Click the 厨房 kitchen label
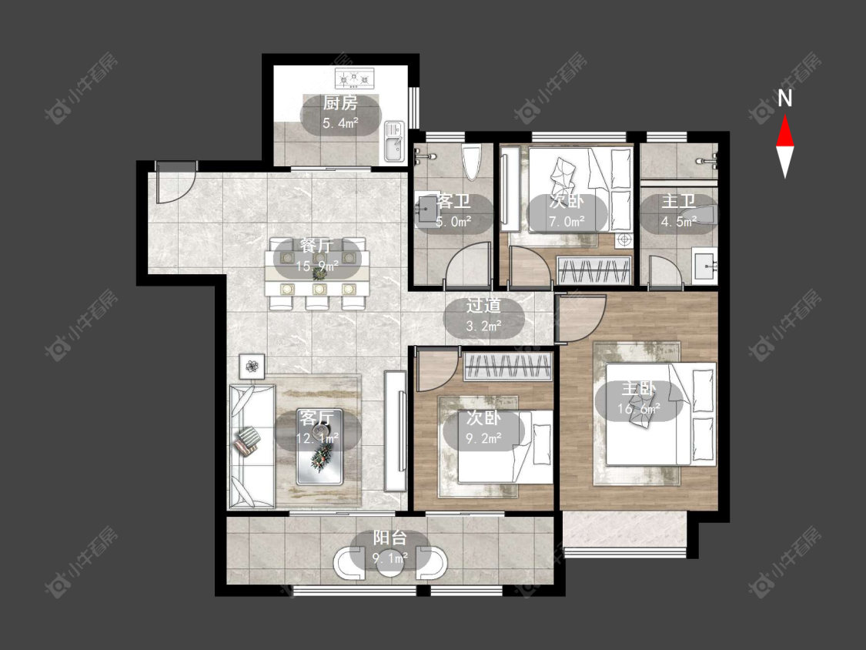[x=340, y=102]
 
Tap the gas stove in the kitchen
[x=355, y=78]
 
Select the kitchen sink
[x=394, y=141]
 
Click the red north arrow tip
[x=785, y=116]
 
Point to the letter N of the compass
[x=785, y=99]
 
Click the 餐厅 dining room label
[x=317, y=246]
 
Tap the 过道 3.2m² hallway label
[x=484, y=315]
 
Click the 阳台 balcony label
[x=390, y=538]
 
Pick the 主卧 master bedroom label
[x=639, y=389]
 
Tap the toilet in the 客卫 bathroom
[x=472, y=162]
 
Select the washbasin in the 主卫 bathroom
[x=704, y=266]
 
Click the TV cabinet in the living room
[x=395, y=431]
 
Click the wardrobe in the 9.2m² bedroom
[x=507, y=366]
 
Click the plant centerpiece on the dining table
[x=319, y=272]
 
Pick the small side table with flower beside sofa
[x=252, y=366]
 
